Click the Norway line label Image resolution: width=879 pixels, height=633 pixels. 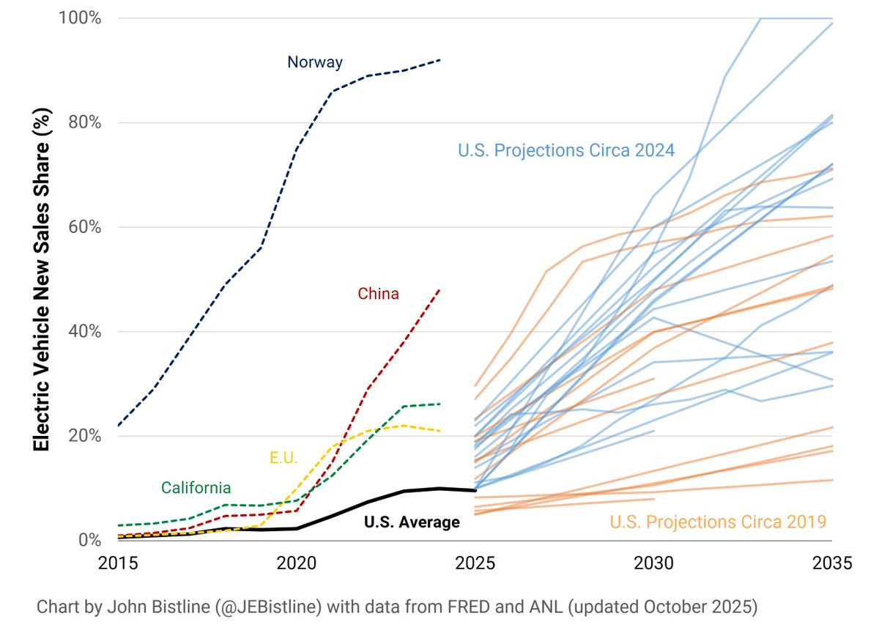315,62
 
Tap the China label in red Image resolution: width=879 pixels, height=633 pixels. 378,294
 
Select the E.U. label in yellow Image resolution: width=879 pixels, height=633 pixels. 283,458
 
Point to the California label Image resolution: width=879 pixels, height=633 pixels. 196,488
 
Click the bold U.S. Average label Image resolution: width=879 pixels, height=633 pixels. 412,522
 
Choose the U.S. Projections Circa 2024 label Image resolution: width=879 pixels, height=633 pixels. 566,150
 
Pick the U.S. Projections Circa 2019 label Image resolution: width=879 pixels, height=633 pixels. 718,522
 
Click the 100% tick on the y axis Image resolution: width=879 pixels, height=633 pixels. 80,18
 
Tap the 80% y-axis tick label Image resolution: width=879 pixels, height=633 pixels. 85,122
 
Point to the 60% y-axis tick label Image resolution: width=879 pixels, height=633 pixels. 85,227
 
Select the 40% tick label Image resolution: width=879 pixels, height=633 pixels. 85,331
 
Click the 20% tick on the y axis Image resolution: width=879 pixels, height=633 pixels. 85,436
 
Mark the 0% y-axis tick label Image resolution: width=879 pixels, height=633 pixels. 90,540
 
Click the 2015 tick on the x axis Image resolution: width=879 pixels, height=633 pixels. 118,563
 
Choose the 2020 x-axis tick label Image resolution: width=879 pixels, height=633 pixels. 297,563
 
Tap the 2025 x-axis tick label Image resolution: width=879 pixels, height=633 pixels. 475,563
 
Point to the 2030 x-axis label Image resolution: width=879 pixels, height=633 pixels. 653,563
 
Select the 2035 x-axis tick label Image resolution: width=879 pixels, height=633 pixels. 832,563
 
